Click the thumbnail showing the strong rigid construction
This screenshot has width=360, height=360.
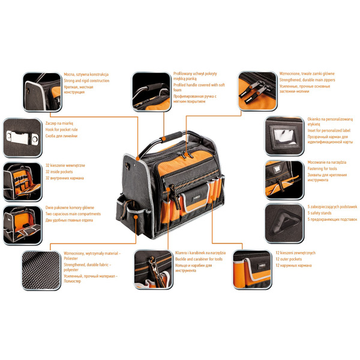[42, 91]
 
